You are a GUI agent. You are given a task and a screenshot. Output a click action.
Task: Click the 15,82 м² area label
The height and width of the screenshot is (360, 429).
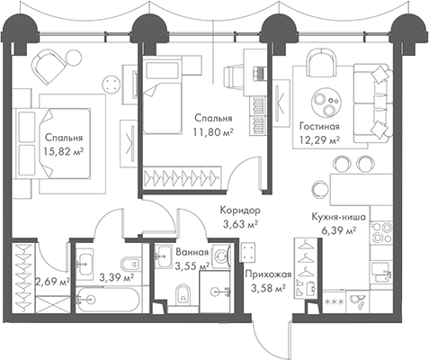(64, 152)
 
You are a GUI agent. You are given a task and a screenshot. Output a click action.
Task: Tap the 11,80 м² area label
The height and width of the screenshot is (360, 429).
(213, 132)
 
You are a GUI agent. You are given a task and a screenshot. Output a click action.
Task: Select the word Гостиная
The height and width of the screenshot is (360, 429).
(319, 126)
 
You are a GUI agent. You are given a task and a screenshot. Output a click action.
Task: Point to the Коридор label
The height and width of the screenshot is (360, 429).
(240, 211)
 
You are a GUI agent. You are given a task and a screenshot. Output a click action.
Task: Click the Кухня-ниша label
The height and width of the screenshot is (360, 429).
(339, 217)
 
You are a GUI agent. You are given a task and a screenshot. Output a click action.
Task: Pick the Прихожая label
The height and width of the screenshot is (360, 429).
(268, 274)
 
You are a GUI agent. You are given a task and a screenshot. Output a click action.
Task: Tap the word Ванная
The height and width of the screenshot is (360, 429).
(192, 252)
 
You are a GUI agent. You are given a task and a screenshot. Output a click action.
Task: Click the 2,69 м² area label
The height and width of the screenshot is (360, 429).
(53, 282)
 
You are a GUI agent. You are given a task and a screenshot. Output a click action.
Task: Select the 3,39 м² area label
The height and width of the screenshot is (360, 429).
(117, 278)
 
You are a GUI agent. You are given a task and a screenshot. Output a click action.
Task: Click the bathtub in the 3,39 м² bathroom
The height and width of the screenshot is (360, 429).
(107, 300)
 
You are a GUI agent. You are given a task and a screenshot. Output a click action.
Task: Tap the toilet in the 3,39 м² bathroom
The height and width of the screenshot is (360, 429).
(130, 264)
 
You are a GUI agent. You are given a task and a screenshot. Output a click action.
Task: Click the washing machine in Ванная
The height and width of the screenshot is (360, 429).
(220, 256)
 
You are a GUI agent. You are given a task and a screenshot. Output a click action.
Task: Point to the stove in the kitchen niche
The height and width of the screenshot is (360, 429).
(381, 233)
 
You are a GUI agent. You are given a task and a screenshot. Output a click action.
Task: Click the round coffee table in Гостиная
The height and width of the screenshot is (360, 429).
(326, 103)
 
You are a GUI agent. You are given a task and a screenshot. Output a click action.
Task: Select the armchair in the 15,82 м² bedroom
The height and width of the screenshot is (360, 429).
(49, 67)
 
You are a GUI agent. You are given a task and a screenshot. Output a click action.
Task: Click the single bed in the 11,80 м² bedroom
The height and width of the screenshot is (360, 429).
(163, 95)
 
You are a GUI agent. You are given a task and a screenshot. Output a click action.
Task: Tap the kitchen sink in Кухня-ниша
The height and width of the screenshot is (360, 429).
(380, 272)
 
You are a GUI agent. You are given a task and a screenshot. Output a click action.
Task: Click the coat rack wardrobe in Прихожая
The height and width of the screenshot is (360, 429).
(306, 268)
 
